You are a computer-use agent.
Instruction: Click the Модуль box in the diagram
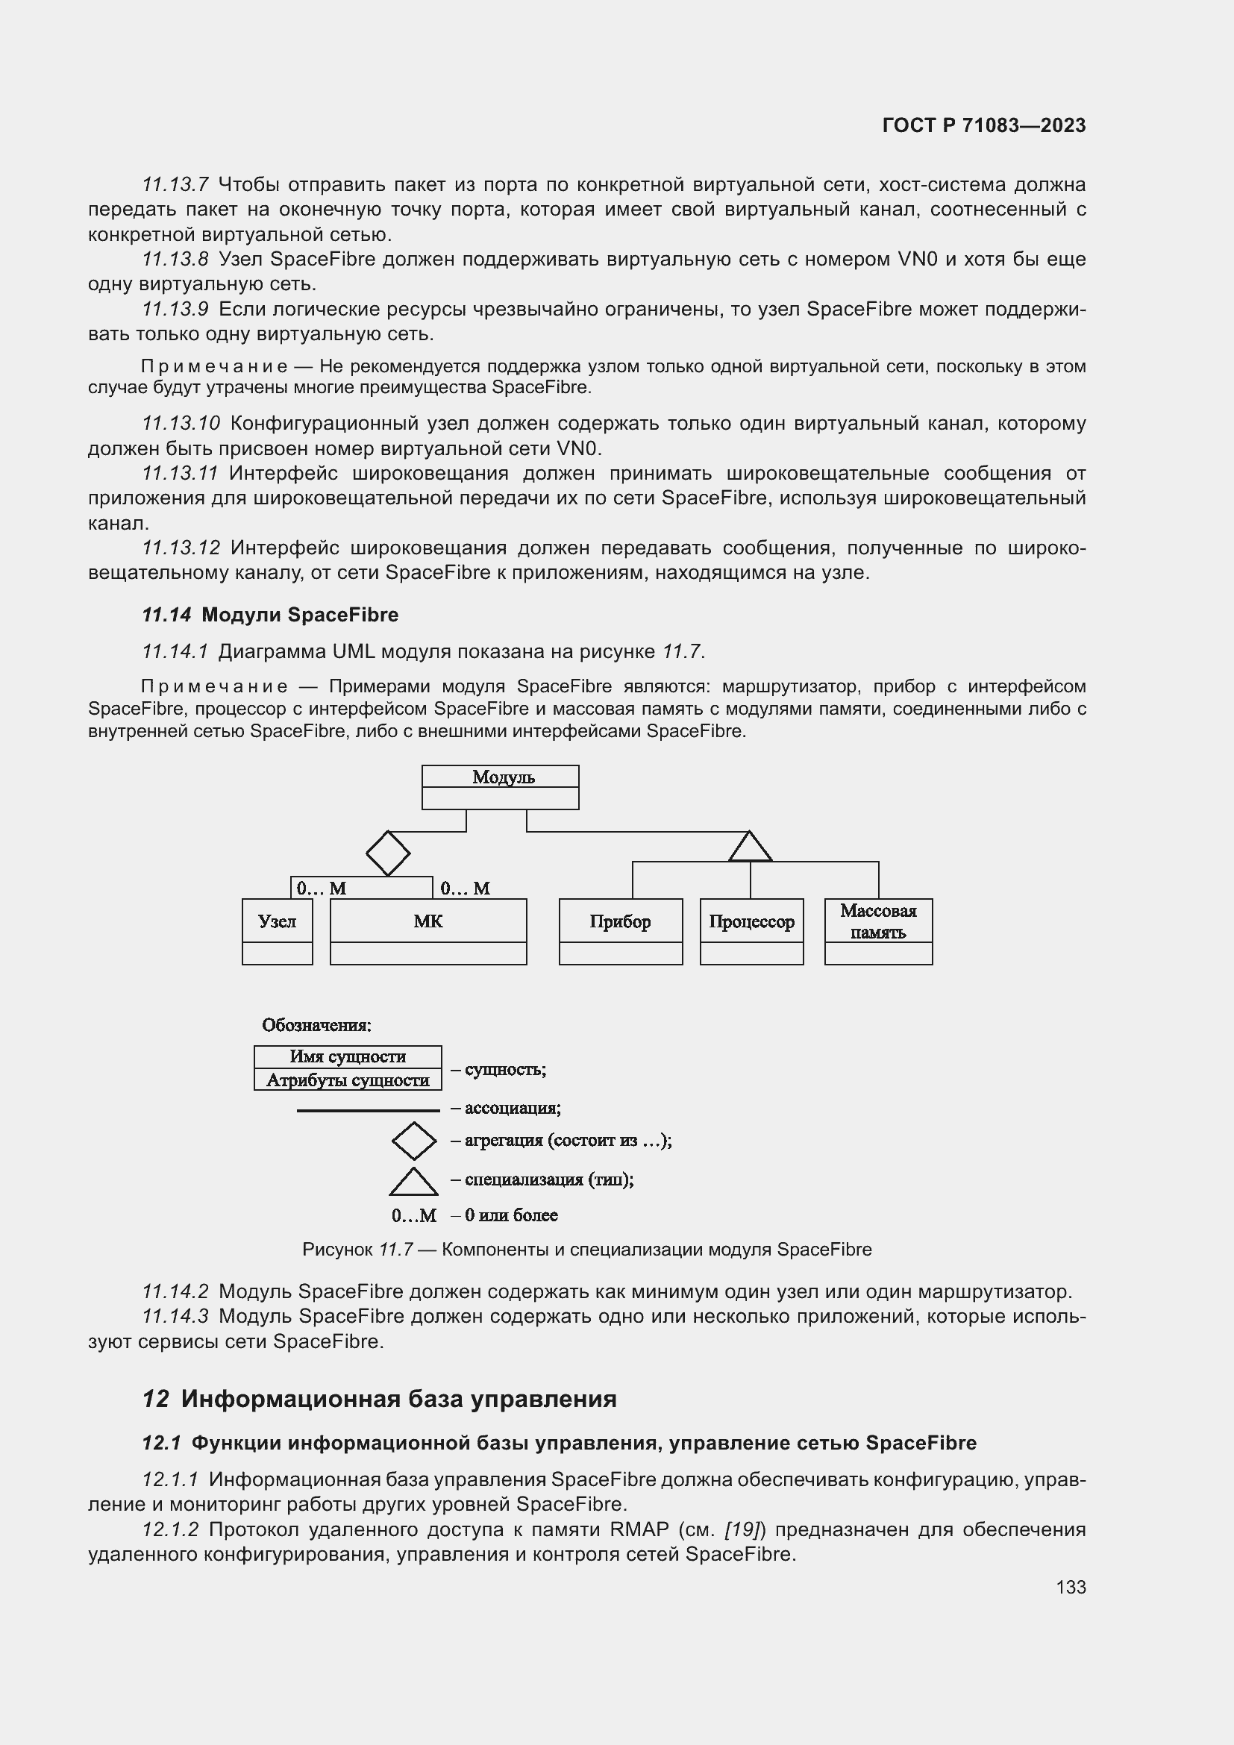500,786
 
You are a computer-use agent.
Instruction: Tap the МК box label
427,921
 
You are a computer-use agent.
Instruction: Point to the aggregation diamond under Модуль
387,853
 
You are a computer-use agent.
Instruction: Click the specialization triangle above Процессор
750,848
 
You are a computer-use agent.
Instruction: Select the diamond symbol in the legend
413,1140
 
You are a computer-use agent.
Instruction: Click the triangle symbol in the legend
413,1181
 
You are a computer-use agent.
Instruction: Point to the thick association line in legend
368,1110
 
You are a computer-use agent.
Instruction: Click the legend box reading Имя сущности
347,1056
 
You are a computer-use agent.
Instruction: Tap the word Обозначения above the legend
316,1025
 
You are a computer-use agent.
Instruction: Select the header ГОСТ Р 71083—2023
983,125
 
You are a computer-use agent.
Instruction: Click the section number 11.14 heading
166,615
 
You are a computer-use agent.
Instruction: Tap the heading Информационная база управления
398,1398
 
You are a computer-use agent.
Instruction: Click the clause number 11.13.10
181,423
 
